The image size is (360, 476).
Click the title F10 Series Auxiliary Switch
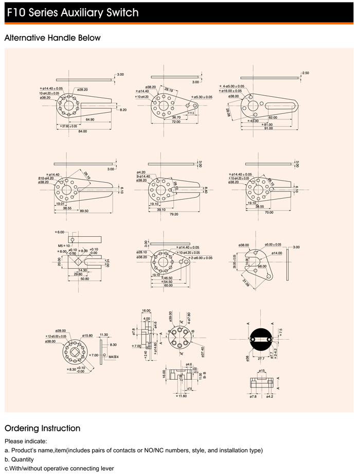[x=73, y=12]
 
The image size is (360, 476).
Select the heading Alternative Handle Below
[x=52, y=38]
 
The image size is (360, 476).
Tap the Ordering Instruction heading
[x=42, y=428]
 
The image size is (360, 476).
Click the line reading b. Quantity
[x=19, y=459]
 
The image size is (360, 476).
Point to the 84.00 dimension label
[x=82, y=131]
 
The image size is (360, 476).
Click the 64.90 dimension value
[x=90, y=119]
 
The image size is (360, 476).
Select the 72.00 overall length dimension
[x=176, y=122]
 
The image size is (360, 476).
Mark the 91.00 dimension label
[x=268, y=128]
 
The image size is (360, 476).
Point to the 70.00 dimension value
[x=269, y=212]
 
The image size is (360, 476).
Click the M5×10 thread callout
[x=63, y=246]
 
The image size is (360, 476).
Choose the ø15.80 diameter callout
[x=87, y=336]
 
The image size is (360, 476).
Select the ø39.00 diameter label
[x=171, y=316]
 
